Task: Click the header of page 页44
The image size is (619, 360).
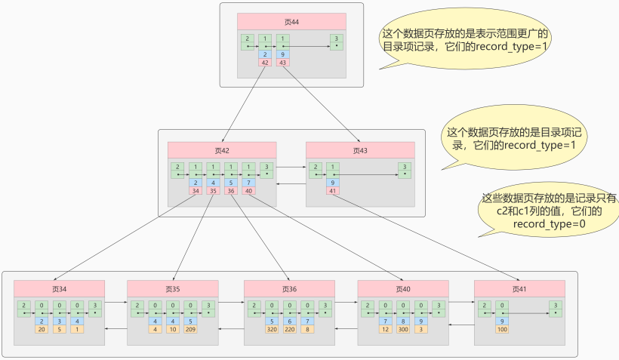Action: click(x=291, y=22)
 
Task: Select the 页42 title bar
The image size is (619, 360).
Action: click(x=221, y=150)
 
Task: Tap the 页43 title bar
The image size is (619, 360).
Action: click(x=359, y=150)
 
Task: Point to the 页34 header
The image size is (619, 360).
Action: click(x=59, y=288)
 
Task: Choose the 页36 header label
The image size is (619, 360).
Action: click(x=289, y=288)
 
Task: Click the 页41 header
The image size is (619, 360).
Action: click(x=519, y=288)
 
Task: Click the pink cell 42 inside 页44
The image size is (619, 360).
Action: click(x=265, y=63)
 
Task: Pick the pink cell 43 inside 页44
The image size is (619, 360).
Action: click(x=283, y=63)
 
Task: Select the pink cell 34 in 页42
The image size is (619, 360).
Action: click(x=196, y=191)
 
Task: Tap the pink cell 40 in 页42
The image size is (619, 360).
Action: click(x=249, y=191)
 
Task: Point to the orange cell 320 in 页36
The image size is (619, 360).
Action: click(x=272, y=329)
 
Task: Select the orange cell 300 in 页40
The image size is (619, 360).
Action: click(x=403, y=329)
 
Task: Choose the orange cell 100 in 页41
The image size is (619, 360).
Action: click(x=501, y=329)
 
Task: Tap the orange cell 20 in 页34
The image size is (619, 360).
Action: click(x=42, y=329)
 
